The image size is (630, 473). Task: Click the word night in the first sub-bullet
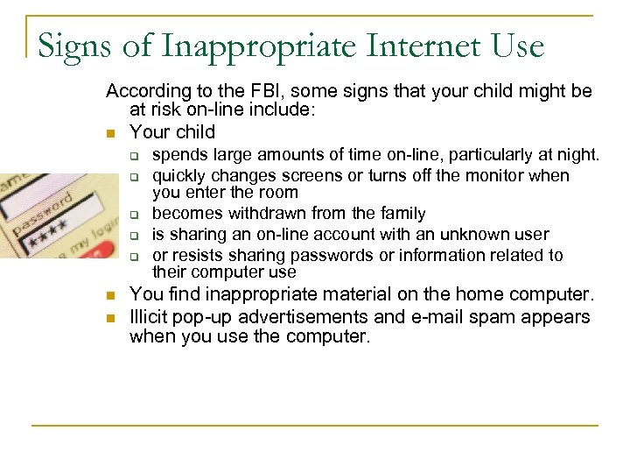click(577, 155)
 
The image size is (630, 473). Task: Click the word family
click(401, 214)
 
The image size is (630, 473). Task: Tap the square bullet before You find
click(109, 296)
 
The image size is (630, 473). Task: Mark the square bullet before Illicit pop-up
click(109, 317)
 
